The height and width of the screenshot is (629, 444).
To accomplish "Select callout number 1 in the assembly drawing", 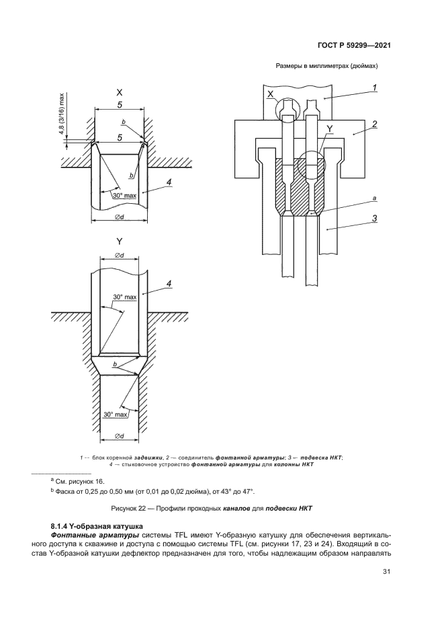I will coord(374,87).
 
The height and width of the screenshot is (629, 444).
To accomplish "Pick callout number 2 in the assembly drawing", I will coord(374,124).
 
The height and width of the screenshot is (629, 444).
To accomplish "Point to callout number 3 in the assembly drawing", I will coord(374,217).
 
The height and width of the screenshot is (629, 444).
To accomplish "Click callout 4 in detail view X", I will coord(169,182).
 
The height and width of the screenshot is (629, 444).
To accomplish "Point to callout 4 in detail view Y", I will coord(169,283).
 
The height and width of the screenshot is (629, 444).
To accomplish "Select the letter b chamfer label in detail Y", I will coord(116,364).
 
